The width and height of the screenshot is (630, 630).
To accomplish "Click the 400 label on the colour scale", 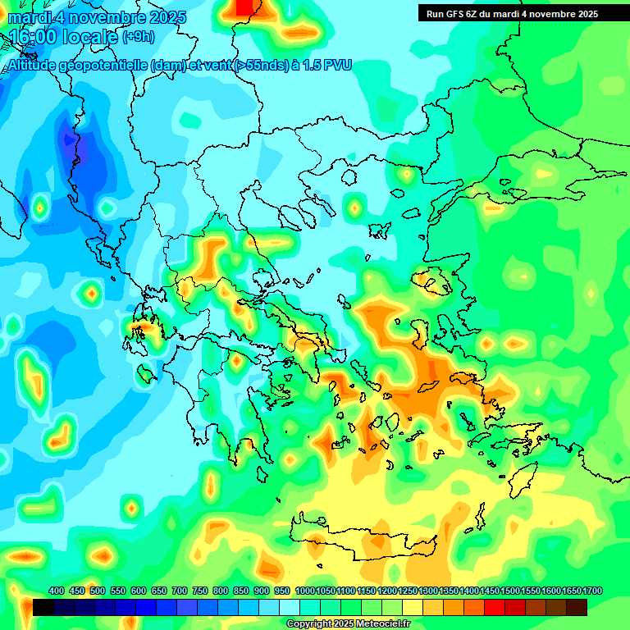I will pyautogui.click(x=57, y=591).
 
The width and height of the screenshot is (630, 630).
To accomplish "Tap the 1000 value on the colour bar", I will pyautogui.click(x=304, y=591).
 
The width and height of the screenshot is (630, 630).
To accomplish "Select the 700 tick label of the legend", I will pyautogui.click(x=180, y=591).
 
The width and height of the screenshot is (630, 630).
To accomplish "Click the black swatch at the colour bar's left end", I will pyautogui.click(x=44, y=607).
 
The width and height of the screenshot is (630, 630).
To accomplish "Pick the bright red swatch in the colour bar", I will pyautogui.click(x=495, y=607).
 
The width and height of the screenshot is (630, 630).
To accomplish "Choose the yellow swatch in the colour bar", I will pyautogui.click(x=413, y=607).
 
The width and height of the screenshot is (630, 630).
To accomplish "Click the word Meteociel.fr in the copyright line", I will pyautogui.click(x=383, y=624).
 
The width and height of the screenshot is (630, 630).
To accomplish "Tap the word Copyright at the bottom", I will pyautogui.click(x=308, y=624).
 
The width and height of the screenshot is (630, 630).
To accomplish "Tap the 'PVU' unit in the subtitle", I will pyautogui.click(x=337, y=66).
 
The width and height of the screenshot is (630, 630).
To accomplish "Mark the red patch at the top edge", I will pyautogui.click(x=244, y=7).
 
